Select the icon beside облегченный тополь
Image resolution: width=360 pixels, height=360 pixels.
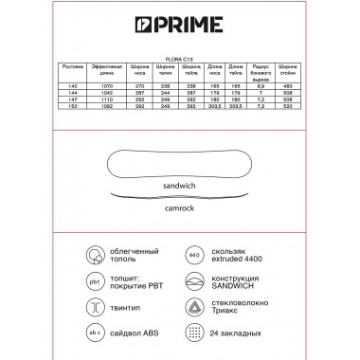pyautogui.click(x=96, y=256)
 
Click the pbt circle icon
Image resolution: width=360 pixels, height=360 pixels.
pyautogui.click(x=96, y=282)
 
